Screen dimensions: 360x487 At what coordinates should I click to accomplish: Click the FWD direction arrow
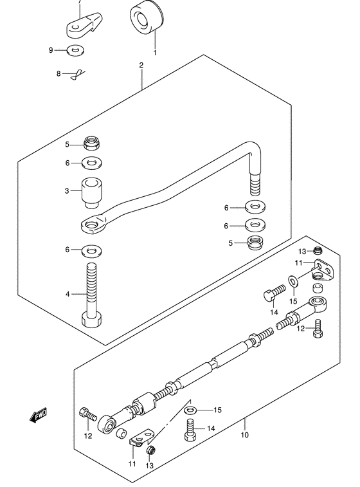tap(39, 415)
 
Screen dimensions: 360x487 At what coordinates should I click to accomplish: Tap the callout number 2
tap(141, 65)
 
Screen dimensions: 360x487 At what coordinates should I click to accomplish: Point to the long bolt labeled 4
tap(91, 295)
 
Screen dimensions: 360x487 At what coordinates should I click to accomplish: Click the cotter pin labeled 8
tap(78, 75)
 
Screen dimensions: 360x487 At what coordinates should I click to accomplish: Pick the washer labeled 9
tap(76, 50)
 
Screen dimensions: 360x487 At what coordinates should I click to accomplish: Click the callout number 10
tap(244, 434)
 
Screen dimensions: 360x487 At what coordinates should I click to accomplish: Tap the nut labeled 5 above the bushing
tap(91, 143)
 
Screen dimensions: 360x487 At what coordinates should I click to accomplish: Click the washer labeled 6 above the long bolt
tap(92, 251)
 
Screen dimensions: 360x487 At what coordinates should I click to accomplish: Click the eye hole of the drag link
tap(91, 225)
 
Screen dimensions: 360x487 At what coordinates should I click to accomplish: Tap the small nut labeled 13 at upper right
tap(318, 250)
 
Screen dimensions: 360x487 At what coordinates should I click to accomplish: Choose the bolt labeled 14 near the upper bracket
tap(274, 293)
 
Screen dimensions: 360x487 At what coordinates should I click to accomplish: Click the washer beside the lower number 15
tap(190, 410)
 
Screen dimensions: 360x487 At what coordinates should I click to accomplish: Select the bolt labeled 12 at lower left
tap(88, 414)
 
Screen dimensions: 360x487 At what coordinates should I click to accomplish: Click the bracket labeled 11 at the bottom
tap(142, 440)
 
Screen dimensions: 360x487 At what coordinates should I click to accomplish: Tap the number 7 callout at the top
tap(80, 1)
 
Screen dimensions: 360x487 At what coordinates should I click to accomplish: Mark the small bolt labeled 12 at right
tap(318, 329)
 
